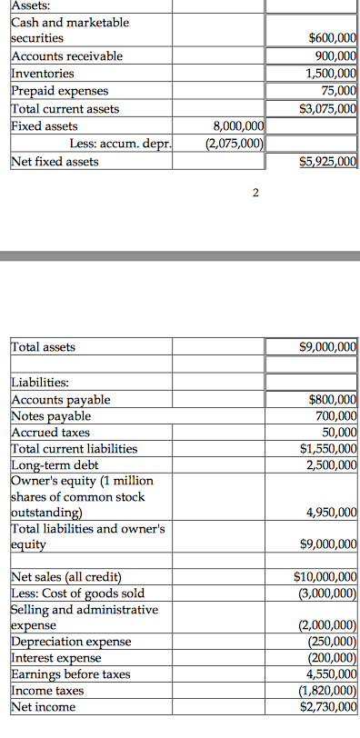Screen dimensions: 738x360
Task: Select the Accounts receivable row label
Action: (x=65, y=56)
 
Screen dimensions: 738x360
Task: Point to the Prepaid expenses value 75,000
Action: (x=339, y=91)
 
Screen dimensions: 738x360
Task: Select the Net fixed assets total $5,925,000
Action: (x=331, y=163)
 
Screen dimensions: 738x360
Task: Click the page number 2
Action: (x=255, y=193)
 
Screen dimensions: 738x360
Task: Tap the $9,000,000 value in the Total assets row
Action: (x=331, y=347)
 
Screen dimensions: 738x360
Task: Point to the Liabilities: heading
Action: (x=45, y=383)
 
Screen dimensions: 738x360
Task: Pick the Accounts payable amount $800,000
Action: (x=333, y=400)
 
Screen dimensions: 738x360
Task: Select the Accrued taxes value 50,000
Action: (x=339, y=433)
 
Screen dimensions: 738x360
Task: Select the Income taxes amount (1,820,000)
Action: (x=329, y=691)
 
